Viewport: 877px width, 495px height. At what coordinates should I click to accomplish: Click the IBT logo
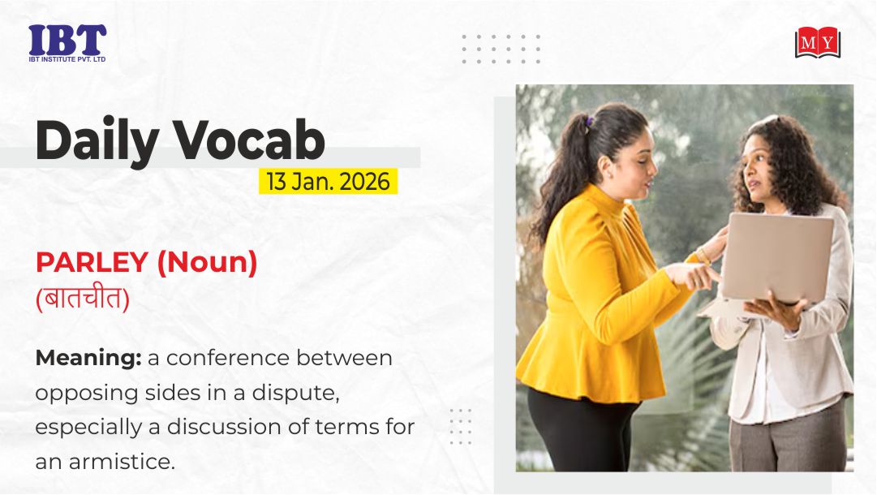pos(67,42)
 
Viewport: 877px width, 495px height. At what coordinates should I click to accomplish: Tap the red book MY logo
pos(818,42)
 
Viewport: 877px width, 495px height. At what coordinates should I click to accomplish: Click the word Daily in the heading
pos(97,140)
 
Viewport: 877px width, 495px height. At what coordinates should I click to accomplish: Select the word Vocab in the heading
pos(248,139)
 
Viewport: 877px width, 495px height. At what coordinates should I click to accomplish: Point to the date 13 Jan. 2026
pos(328,182)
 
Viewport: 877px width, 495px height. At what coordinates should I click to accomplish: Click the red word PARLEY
pos(92,262)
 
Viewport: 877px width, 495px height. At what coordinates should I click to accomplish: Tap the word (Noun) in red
pos(207,262)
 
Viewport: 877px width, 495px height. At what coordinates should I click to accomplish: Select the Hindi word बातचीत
pos(83,298)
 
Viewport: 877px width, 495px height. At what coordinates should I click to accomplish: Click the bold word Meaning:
pos(88,358)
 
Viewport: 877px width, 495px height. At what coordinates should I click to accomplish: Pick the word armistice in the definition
pos(122,462)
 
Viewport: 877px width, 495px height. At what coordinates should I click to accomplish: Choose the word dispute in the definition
pos(296,394)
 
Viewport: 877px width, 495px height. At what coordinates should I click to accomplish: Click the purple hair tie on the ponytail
pos(588,122)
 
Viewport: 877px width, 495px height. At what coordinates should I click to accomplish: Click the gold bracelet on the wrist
pos(703,256)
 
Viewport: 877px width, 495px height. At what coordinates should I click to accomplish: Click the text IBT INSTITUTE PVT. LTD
pos(67,58)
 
